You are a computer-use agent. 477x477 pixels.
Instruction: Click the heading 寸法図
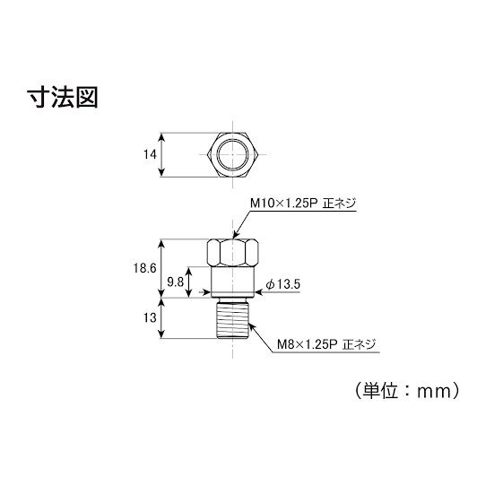tap(63, 98)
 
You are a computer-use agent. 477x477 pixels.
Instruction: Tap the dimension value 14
tap(150, 154)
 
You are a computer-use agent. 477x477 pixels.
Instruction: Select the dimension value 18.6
tap(144, 268)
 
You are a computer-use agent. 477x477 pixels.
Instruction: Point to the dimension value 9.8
tap(175, 282)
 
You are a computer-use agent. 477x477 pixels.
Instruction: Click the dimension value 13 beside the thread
tap(150, 318)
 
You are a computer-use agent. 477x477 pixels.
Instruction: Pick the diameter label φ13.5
tap(283, 285)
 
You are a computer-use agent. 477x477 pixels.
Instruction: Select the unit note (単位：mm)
tap(407, 391)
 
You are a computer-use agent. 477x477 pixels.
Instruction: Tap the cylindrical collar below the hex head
tap(233, 282)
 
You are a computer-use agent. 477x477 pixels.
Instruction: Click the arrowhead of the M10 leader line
tap(235, 235)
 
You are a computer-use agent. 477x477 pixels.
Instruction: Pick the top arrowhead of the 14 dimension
tap(161, 137)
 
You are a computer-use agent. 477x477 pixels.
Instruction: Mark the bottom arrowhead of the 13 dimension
tap(161, 334)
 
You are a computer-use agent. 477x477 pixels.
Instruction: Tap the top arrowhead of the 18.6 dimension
tap(161, 244)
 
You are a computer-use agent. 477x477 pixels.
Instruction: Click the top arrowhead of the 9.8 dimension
tap(189, 272)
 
